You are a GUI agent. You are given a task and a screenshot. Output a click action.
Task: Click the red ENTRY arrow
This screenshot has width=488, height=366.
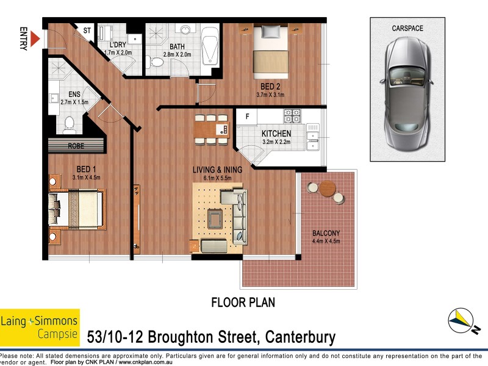[x=35, y=40]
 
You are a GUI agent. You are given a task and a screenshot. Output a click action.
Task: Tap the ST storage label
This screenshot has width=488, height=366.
[x=87, y=31]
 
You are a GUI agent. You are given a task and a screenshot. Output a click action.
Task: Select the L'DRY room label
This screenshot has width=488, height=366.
[x=118, y=45]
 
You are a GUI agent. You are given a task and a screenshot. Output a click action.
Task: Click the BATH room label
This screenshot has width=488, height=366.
[x=178, y=46]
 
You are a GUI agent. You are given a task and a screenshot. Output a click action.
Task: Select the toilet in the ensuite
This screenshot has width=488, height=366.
[x=69, y=124]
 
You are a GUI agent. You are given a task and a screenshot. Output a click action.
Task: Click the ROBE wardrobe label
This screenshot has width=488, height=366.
[x=76, y=146]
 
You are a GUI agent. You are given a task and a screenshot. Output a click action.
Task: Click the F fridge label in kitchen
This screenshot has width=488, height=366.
[x=247, y=116]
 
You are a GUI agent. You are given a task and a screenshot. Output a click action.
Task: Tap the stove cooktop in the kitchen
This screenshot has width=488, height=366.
[x=292, y=115]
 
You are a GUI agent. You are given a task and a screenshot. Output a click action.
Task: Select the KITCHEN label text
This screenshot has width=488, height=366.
[x=276, y=134]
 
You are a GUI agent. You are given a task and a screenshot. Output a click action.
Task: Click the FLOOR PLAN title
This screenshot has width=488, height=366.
[x=243, y=302]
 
